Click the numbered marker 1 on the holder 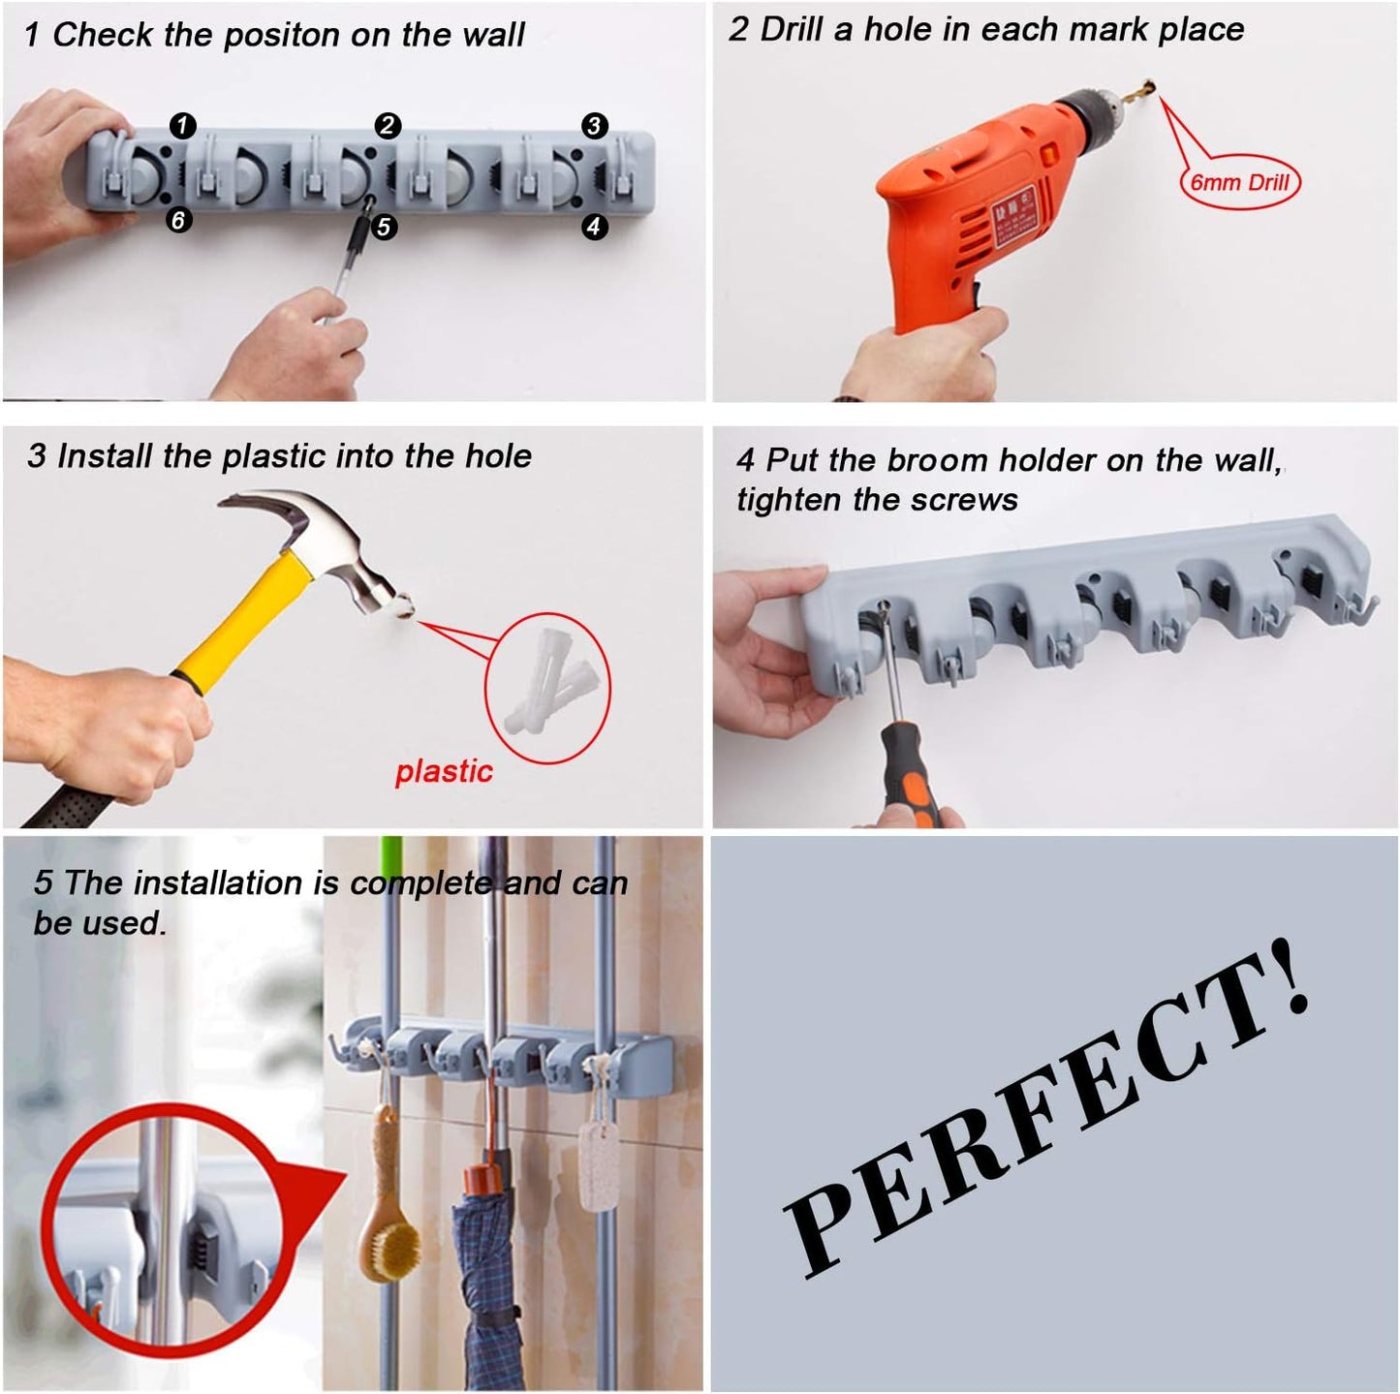(x=182, y=125)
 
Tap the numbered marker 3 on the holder (x=594, y=125)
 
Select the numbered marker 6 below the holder (x=177, y=220)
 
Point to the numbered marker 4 (x=594, y=227)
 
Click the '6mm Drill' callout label (x=1239, y=182)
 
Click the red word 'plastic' (x=444, y=771)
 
